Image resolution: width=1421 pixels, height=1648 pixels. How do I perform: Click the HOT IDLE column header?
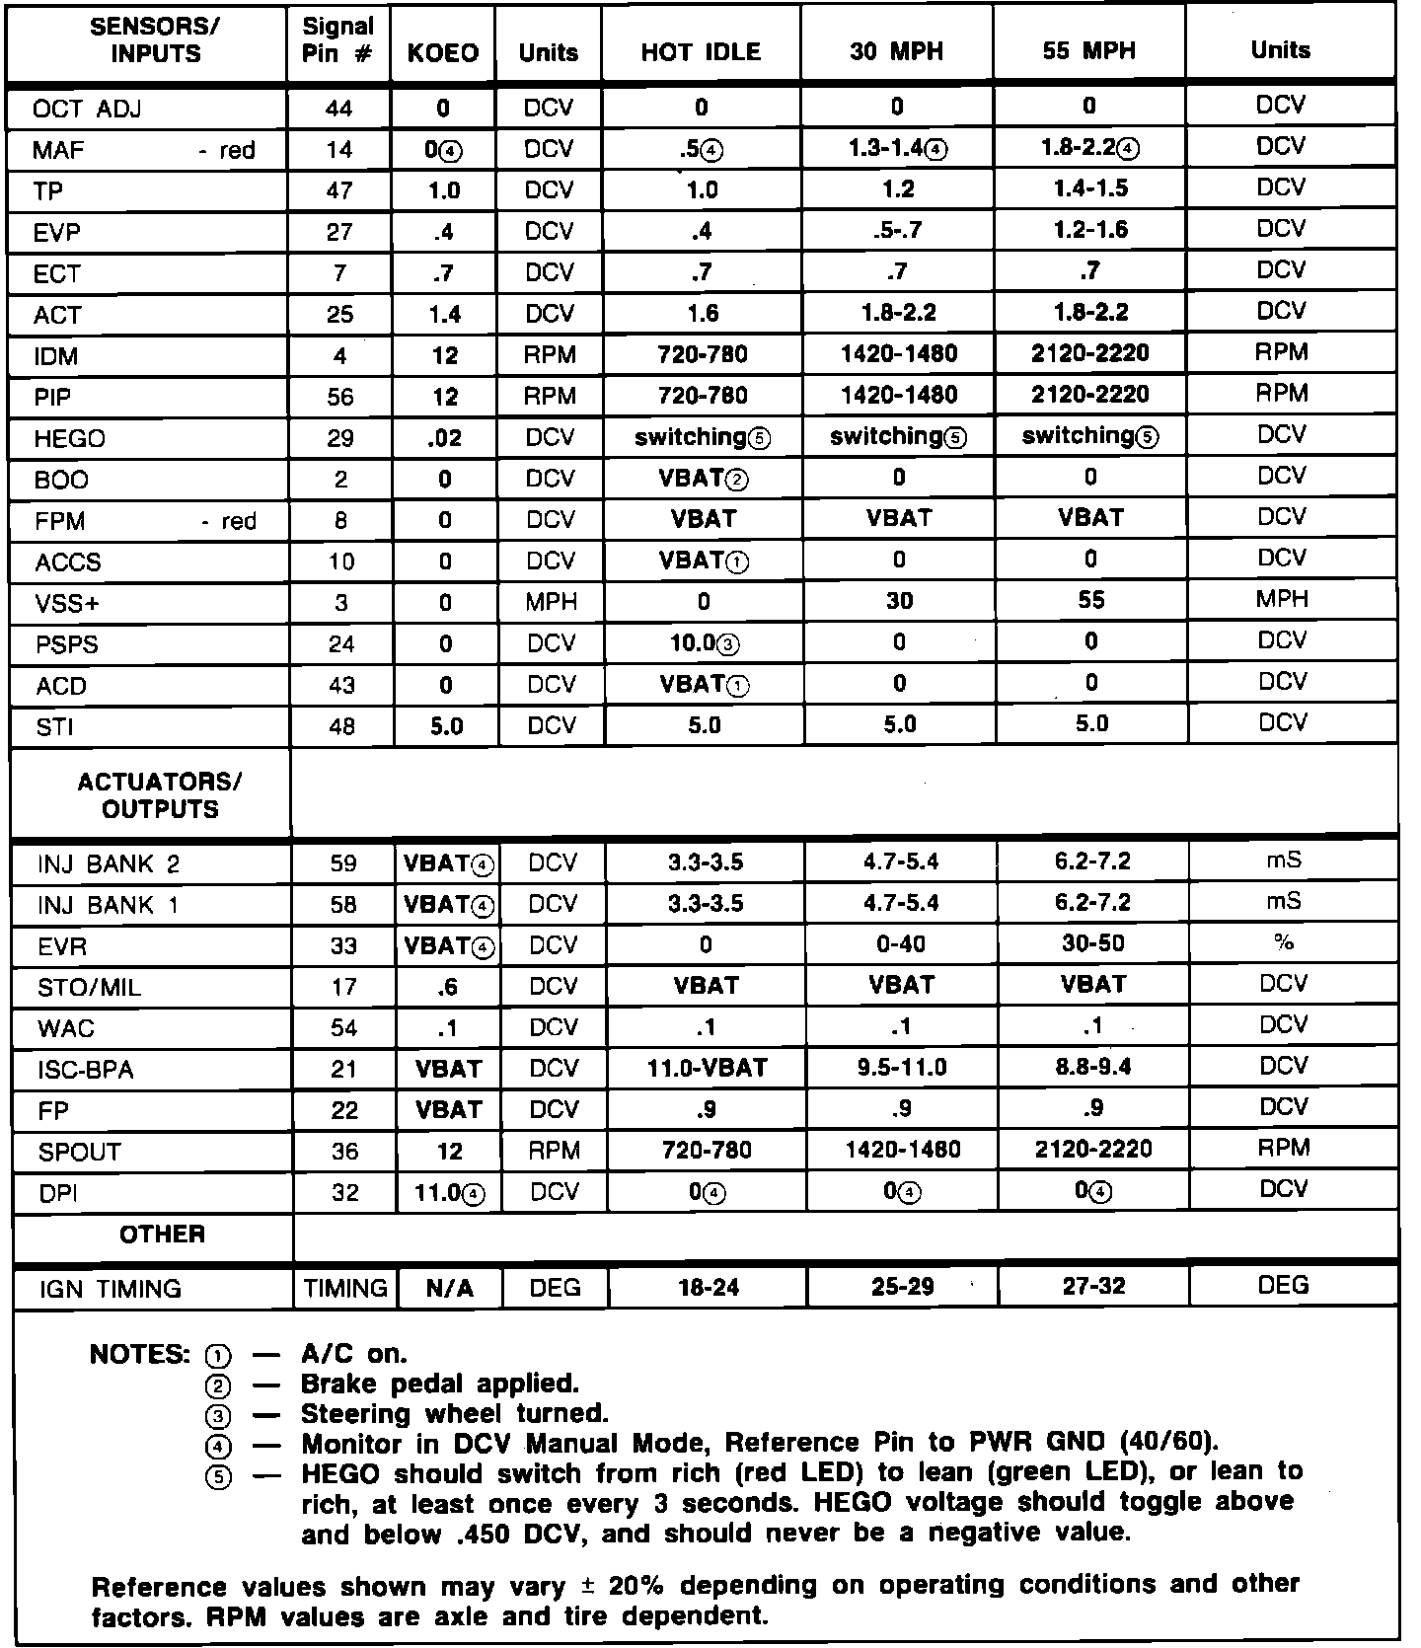[x=701, y=52]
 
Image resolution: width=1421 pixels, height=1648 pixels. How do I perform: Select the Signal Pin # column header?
[x=338, y=41]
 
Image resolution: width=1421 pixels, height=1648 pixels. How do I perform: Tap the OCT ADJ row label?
[x=87, y=109]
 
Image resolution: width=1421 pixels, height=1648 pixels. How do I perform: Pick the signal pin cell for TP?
[x=339, y=191]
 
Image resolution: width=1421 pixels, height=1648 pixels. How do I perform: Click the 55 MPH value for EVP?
[x=1090, y=230]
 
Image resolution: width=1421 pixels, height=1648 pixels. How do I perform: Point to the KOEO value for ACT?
[x=445, y=315]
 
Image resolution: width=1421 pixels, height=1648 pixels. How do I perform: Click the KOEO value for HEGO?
[x=445, y=438]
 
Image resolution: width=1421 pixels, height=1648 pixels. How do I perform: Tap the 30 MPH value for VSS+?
[x=899, y=601]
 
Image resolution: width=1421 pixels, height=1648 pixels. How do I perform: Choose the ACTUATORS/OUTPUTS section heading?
[x=159, y=795]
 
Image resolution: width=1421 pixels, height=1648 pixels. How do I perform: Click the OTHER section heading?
[x=162, y=1235]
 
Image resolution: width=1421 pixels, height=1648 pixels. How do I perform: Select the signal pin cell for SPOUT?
[x=344, y=1151]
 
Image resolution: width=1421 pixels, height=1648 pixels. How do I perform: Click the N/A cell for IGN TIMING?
[x=449, y=1288]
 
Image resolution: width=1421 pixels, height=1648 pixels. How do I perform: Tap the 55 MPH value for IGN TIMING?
[x=1093, y=1287]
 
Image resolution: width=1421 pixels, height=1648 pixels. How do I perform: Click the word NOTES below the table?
[x=138, y=1354]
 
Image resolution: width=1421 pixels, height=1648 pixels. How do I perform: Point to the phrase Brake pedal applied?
[x=439, y=1384]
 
